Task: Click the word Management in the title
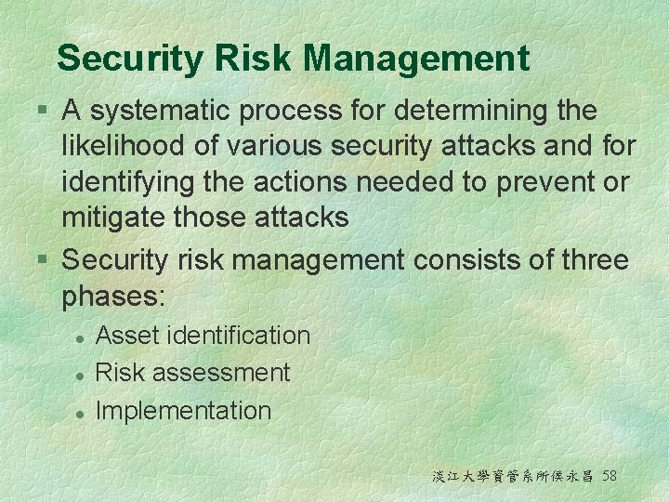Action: [x=416, y=59]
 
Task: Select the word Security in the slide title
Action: [x=129, y=59]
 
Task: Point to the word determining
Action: [x=469, y=112]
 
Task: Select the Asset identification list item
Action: [x=203, y=335]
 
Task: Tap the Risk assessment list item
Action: [x=193, y=373]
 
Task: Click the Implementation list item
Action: [x=184, y=411]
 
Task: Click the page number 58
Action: [x=610, y=476]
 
